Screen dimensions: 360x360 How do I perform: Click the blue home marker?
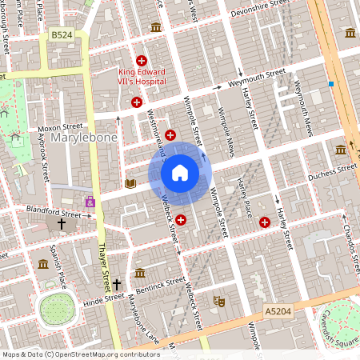tap(180, 172)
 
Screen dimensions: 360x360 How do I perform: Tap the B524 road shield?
tap(61, 35)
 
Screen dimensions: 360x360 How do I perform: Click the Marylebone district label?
tap(84, 138)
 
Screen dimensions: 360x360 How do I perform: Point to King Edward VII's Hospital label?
tap(142, 76)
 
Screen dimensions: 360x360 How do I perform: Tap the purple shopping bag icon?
tap(90, 202)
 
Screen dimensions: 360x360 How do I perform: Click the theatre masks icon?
tap(217, 301)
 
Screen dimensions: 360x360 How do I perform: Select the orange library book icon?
tap(130, 183)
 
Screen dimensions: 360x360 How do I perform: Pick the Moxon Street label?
tap(61, 126)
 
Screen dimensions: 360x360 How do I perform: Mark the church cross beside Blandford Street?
tap(62, 224)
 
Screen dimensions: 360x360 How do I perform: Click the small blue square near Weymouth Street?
tap(330, 83)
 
